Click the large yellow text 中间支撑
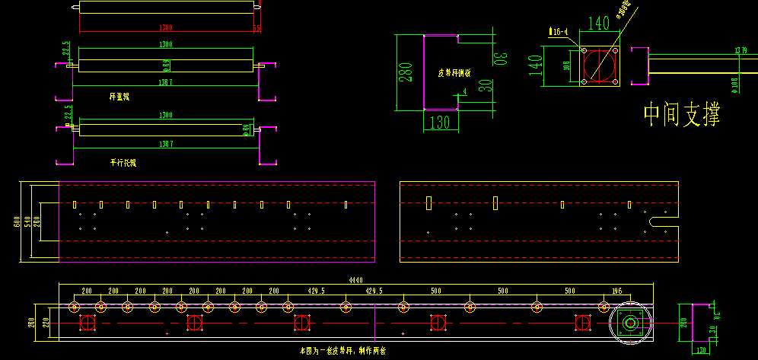(681, 115)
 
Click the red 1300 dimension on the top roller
(165, 27)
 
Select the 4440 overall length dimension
(355, 280)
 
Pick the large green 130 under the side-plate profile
(440, 122)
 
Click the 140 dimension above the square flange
(600, 24)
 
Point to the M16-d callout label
(559, 32)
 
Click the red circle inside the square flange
(600, 65)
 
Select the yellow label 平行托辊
(123, 163)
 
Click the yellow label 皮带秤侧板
(454, 73)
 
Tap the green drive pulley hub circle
(631, 323)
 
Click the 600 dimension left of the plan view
(16, 221)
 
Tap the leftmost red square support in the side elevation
(87, 323)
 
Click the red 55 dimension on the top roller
(256, 28)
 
